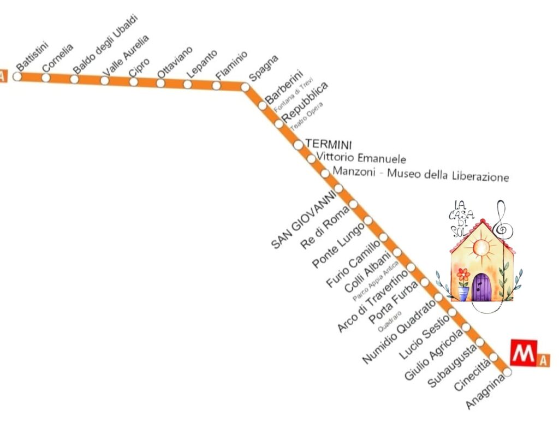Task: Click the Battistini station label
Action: [x=33, y=56]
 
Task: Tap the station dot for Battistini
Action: [x=17, y=76]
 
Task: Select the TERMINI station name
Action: [x=329, y=144]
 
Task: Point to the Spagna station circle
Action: [x=245, y=87]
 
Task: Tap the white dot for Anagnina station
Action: [x=508, y=372]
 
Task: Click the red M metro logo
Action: [x=524, y=353]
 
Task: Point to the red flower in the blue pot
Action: [x=463, y=274]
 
